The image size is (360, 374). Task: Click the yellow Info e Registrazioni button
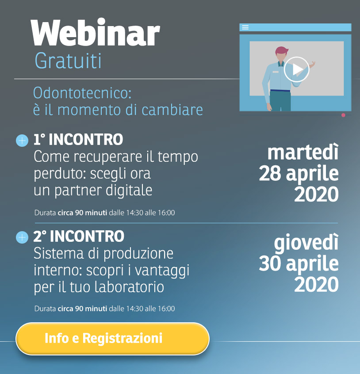tap(112, 339)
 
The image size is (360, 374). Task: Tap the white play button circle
tap(297, 69)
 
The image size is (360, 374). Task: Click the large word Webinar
tap(96, 32)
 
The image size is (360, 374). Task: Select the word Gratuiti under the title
tap(68, 61)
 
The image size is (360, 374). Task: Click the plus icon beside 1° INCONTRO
tap(22, 141)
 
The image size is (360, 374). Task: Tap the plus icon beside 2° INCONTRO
tap(22, 237)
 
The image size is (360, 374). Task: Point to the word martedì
tap(303, 152)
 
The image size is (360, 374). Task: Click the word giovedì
tap(306, 243)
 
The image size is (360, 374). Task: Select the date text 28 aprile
tap(299, 174)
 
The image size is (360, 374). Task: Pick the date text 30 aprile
tap(299, 264)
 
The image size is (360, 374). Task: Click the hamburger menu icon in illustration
tap(245, 27)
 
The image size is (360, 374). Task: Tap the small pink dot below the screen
tap(343, 115)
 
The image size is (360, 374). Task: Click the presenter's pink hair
tap(282, 50)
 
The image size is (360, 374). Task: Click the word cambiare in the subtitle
tap(172, 110)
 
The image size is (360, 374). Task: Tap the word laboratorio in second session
tap(129, 287)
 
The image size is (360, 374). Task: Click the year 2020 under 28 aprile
tap(316, 194)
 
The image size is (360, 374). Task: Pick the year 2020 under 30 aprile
tap(316, 284)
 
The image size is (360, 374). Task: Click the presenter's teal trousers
tap(280, 101)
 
